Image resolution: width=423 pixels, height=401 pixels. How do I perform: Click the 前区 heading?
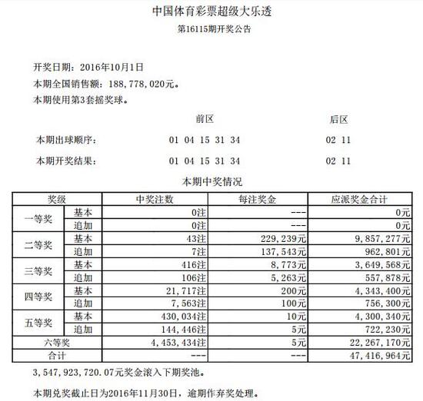point(205,121)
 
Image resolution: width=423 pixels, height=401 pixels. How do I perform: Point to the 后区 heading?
point(338,121)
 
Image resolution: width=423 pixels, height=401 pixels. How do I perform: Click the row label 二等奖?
point(38,245)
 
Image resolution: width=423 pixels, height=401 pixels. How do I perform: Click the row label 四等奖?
point(38,297)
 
